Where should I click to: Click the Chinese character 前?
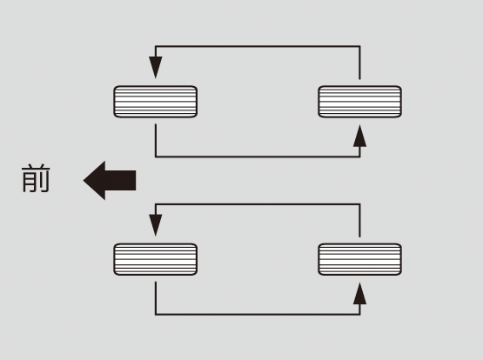[x=36, y=178]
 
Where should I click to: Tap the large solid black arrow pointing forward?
[x=110, y=180]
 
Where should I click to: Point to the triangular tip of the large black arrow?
[x=84, y=180]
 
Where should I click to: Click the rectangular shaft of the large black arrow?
[x=120, y=180]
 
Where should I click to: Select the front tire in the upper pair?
[x=156, y=102]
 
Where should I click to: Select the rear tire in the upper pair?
[x=359, y=102]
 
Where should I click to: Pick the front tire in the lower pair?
[x=156, y=259]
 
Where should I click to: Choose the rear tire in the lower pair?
[x=359, y=259]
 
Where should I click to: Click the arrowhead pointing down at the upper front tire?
[x=156, y=68]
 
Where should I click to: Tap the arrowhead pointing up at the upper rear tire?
[x=359, y=136]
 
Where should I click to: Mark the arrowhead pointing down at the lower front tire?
[x=156, y=225]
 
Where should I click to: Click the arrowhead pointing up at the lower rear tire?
[x=359, y=294]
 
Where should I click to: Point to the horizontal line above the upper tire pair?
[x=258, y=46]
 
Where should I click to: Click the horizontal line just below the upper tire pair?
[x=258, y=157]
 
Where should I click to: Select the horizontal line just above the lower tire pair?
[x=258, y=204]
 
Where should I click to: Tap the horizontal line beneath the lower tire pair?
[x=258, y=315]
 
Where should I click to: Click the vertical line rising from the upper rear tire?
[x=359, y=63]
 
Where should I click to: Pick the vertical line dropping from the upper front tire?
[x=156, y=141]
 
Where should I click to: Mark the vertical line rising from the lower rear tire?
[x=359, y=220]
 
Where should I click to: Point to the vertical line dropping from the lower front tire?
[x=156, y=298]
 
